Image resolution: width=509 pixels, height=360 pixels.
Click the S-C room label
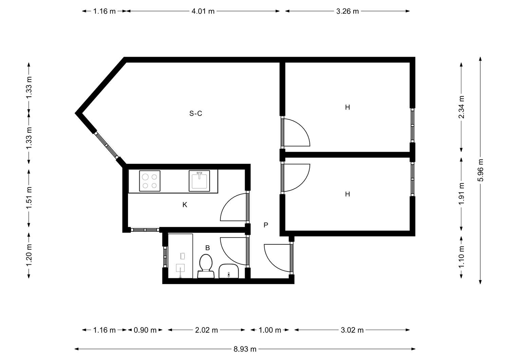[196, 113]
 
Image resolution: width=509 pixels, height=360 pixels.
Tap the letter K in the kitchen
[185, 205]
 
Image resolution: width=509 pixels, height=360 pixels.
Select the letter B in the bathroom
[207, 248]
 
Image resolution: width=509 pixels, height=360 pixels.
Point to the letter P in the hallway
[266, 225]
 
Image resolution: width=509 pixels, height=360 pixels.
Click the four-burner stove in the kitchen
[150, 181]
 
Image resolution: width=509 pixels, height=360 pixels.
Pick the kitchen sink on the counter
[199, 181]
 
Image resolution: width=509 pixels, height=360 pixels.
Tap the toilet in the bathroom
[206, 266]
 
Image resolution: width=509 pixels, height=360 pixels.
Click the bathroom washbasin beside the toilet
[229, 271]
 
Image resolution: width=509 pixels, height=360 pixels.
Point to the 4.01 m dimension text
[203, 11]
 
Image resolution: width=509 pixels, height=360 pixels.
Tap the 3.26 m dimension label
[347, 11]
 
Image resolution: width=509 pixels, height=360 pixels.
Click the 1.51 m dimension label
[29, 198]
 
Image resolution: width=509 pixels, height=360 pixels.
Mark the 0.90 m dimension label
[145, 330]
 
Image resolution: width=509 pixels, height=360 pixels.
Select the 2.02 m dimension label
[206, 330]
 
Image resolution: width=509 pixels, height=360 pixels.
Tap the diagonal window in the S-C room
[106, 145]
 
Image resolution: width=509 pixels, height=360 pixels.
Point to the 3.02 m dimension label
[352, 330]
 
